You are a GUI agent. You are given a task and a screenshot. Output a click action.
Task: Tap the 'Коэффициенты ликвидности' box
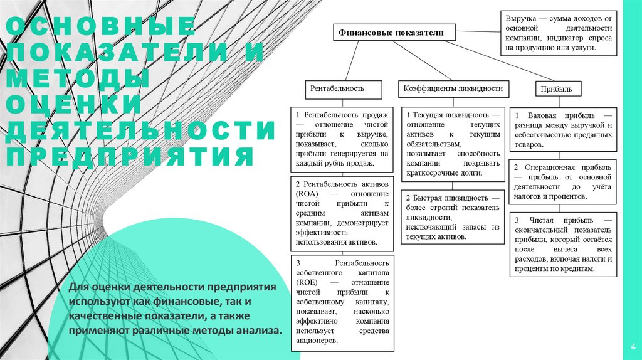point(452,89)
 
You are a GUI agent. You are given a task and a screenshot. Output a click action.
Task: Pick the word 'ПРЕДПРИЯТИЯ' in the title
point(129,156)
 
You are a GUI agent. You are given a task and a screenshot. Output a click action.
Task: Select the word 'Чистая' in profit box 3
point(540,221)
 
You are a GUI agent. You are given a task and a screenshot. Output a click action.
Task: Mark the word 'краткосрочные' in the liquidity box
point(433,172)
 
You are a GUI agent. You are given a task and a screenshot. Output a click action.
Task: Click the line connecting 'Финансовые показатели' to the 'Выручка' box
point(478,29)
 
